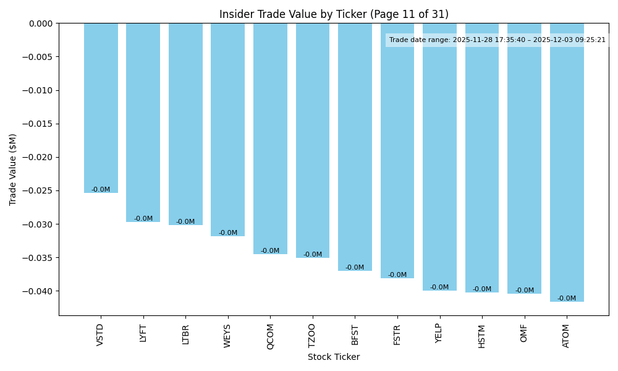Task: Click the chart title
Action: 334,14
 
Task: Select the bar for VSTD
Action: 101,108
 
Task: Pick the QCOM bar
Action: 270,139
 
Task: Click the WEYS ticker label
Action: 227,336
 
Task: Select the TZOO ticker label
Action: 312,335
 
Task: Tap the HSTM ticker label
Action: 482,336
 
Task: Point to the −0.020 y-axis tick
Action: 38,157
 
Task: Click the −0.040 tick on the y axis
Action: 38,291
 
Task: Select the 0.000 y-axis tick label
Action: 40,23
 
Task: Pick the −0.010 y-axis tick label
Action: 38,90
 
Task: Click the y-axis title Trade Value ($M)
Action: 13,169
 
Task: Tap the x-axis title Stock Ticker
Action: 334,357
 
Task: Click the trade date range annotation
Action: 497,40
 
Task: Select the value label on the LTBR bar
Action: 185,222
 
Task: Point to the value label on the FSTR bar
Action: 397,275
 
